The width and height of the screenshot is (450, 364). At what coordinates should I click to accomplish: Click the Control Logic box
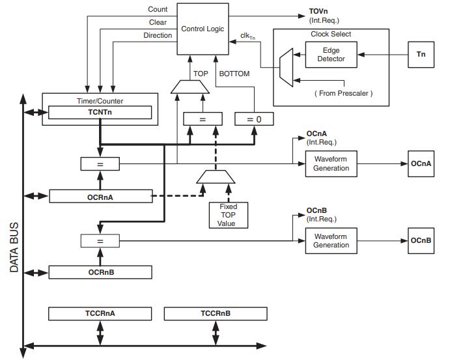point(202,29)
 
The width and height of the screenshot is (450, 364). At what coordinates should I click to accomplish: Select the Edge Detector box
point(331,55)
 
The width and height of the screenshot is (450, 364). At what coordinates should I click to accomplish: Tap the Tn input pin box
point(421,55)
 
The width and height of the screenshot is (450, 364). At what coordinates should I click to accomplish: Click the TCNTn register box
point(100,112)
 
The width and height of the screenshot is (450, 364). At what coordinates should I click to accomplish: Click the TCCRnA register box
point(100,314)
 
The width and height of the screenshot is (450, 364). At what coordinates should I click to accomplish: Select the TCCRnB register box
point(215,314)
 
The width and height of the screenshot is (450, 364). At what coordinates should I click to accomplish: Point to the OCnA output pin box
point(420,163)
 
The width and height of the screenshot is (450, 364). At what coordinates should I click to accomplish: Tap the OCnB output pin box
point(420,240)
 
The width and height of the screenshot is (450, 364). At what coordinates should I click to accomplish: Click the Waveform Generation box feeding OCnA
point(331,163)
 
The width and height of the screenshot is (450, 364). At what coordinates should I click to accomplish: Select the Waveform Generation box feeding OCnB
point(331,240)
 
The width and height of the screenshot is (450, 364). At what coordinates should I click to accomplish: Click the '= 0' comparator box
point(253,119)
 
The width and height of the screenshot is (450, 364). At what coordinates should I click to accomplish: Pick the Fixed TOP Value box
point(229,214)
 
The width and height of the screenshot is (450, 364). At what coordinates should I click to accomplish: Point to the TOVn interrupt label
point(319,12)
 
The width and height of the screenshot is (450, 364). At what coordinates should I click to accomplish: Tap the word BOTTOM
point(234,74)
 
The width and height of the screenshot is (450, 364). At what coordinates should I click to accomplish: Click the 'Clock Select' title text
point(331,34)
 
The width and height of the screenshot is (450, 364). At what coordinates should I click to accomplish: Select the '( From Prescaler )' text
point(344,93)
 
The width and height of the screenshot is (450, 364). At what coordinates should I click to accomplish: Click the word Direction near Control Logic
point(158,35)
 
